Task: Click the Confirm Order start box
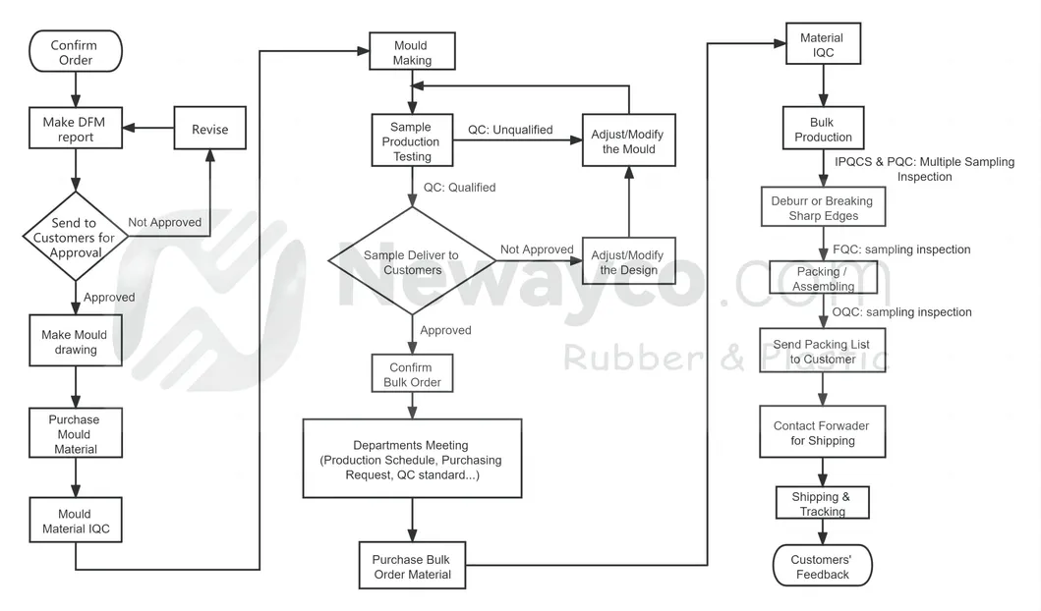tap(75, 52)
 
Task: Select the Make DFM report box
tap(76, 130)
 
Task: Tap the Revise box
tap(209, 129)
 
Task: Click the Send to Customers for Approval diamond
tap(76, 238)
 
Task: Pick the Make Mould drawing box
tap(76, 342)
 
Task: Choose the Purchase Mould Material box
tap(76, 434)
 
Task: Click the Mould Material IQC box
tap(76, 522)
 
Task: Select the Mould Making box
tap(412, 53)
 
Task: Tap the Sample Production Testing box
tap(411, 141)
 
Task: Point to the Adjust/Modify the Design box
tap(628, 262)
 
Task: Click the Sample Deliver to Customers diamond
tap(411, 262)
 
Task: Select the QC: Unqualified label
tap(509, 130)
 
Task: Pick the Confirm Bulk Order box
tap(412, 374)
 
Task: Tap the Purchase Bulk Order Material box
tap(411, 567)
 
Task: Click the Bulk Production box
tap(823, 130)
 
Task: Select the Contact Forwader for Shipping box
tap(822, 433)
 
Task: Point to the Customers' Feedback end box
tap(822, 566)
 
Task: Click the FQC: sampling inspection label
tap(901, 250)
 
